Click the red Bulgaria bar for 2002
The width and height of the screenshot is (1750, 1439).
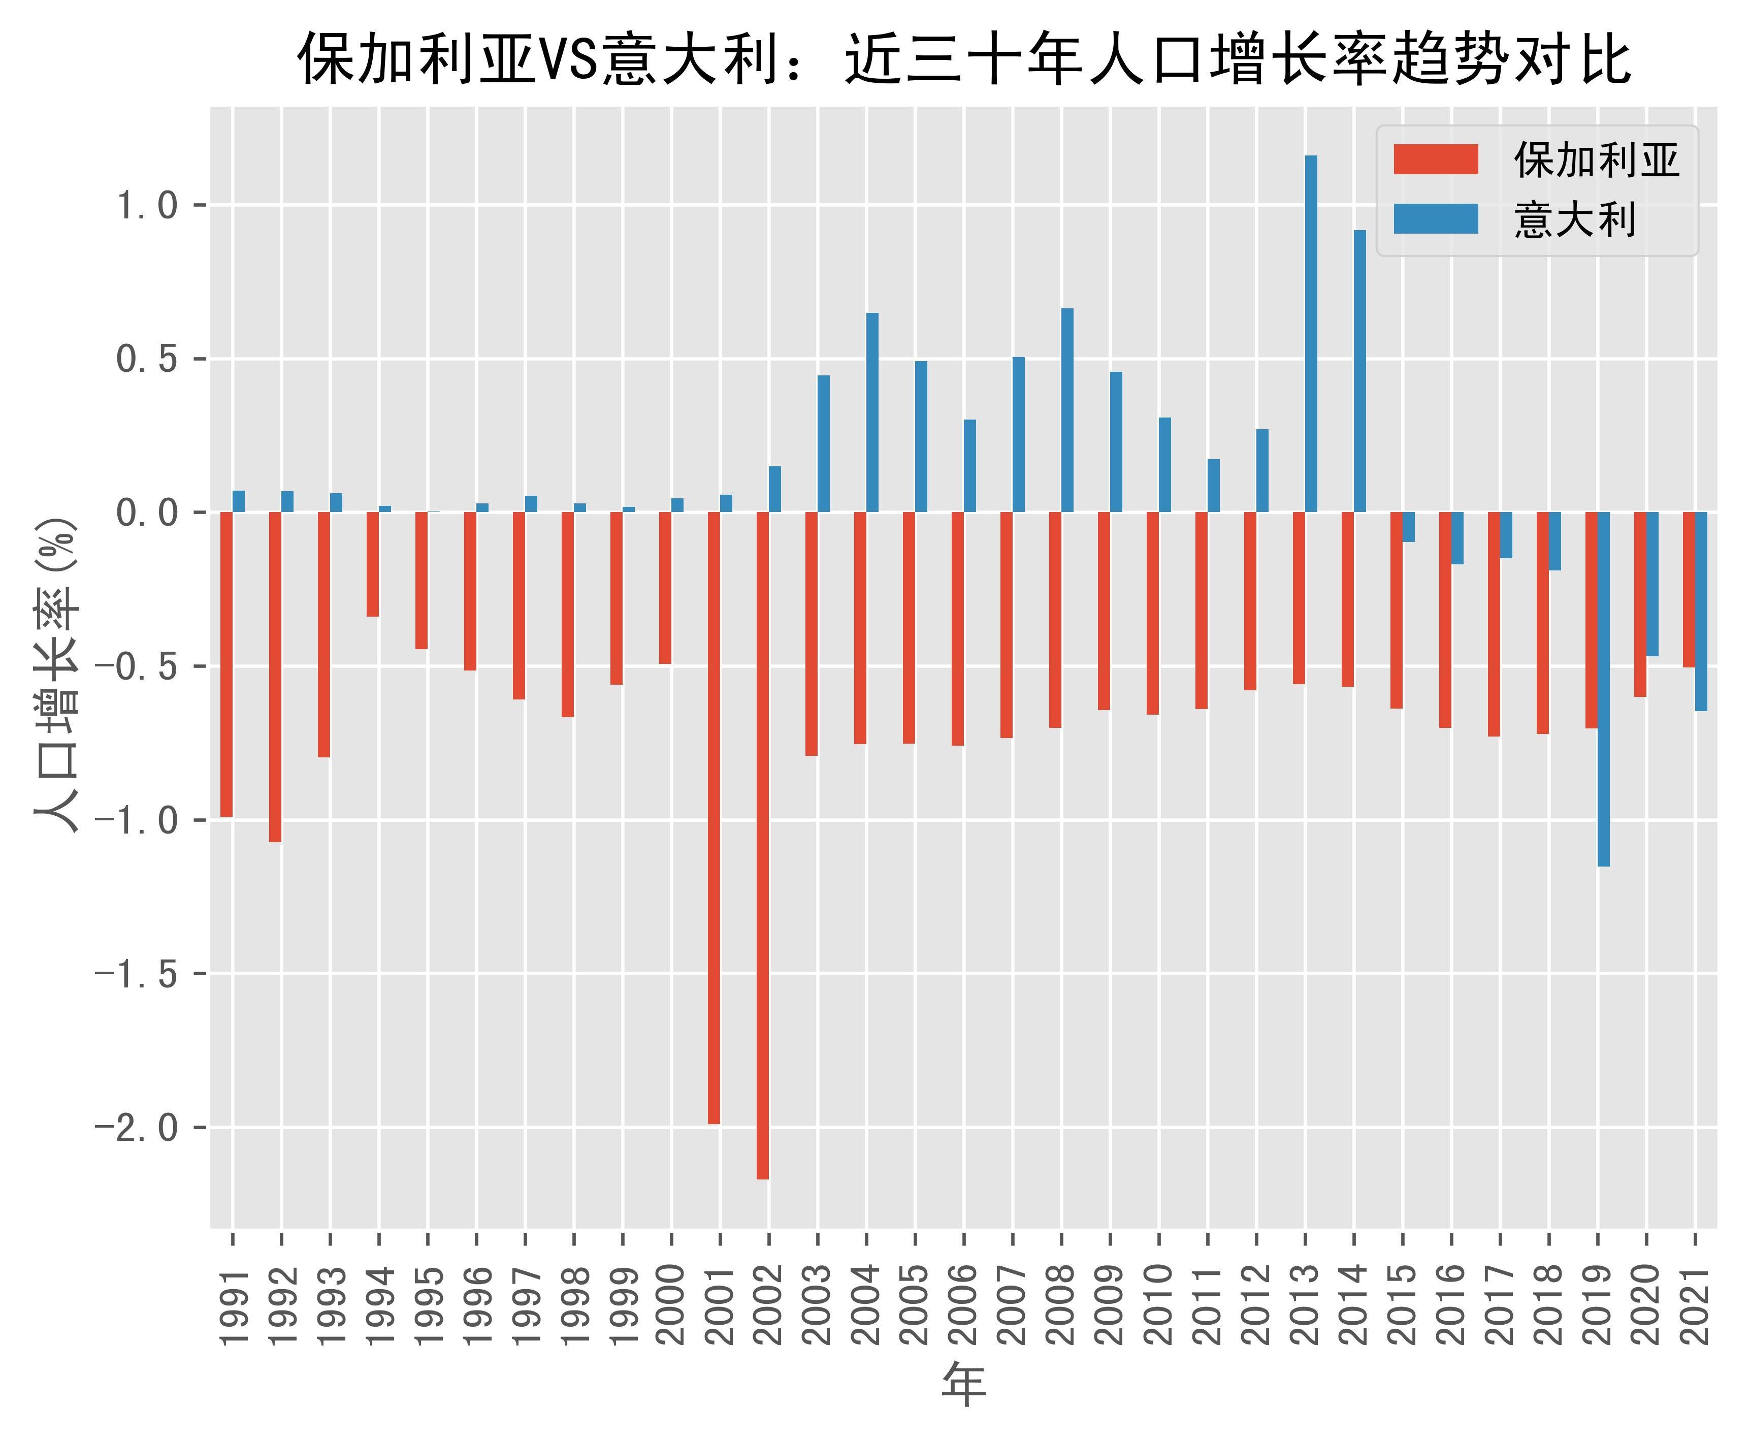coord(762,846)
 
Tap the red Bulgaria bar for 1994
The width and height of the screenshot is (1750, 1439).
coord(373,564)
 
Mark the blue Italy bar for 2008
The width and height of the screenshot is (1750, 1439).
coord(1067,410)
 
